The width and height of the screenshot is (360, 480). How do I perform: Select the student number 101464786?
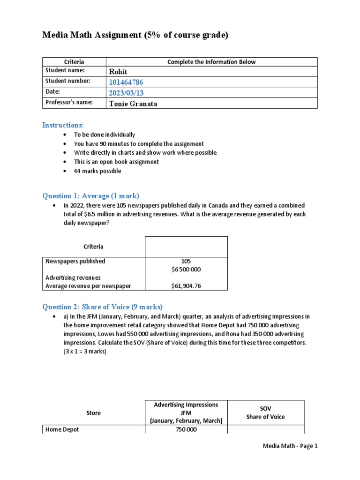click(x=127, y=82)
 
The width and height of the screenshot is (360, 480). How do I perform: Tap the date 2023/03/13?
click(x=126, y=93)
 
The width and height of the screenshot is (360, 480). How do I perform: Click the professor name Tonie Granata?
click(x=133, y=104)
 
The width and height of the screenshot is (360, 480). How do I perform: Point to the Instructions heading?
click(x=63, y=125)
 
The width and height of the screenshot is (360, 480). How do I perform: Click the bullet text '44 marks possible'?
click(x=97, y=171)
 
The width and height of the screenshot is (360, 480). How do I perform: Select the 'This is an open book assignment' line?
click(x=116, y=162)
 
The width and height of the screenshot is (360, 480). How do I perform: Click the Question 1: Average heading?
click(x=91, y=196)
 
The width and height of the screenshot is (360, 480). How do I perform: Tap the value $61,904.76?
click(x=187, y=286)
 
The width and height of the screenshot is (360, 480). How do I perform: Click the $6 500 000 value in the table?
click(x=187, y=270)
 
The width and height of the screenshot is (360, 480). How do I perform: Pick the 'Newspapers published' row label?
click(x=75, y=261)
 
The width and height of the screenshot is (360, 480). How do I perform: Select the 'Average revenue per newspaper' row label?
click(x=88, y=286)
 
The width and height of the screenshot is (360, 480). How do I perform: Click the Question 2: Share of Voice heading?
click(x=103, y=307)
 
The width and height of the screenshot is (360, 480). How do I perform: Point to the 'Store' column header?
click(x=93, y=413)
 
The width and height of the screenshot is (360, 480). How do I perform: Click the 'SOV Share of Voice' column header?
click(x=265, y=413)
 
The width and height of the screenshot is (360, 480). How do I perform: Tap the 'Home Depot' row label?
click(x=62, y=429)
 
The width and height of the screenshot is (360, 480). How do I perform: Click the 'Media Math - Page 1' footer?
click(x=290, y=446)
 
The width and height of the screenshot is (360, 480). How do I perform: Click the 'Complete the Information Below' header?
click(x=211, y=62)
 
